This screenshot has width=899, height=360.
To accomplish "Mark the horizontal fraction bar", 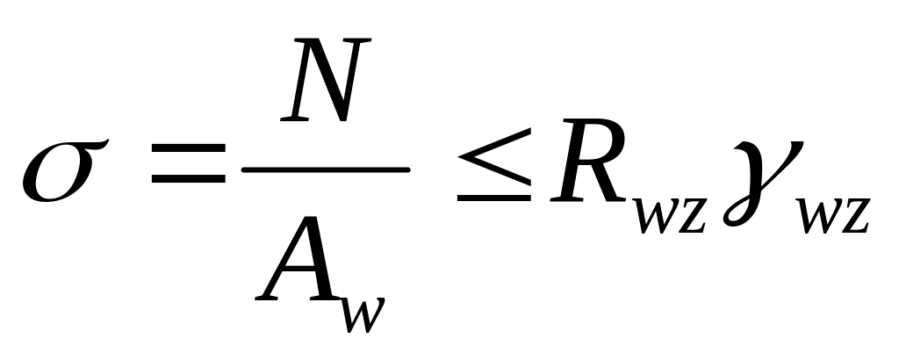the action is tap(326, 168).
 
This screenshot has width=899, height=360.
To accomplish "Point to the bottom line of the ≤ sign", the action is tap(493, 198).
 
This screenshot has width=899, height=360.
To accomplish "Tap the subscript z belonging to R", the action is tap(691, 215).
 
